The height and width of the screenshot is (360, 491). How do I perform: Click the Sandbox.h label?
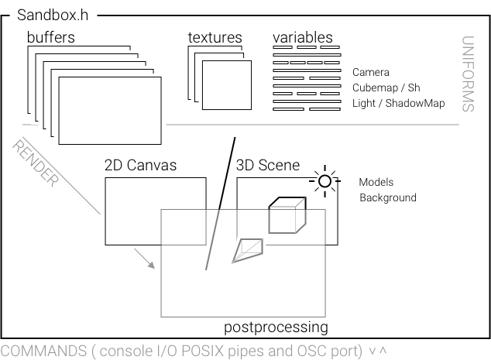[53, 16]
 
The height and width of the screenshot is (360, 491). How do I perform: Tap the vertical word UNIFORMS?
[468, 74]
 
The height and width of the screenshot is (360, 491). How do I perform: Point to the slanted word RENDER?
[36, 163]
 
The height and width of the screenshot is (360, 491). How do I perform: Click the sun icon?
[324, 183]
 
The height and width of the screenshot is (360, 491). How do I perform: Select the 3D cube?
[286, 215]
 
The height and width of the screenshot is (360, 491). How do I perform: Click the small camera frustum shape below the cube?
[249, 249]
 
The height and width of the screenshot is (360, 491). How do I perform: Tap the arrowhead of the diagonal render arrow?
[151, 265]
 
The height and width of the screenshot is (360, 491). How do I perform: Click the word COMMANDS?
[43, 351]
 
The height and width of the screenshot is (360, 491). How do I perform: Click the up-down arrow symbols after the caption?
[378, 351]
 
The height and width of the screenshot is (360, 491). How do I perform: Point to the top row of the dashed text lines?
[307, 49]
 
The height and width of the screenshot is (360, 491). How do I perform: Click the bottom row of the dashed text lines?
[307, 108]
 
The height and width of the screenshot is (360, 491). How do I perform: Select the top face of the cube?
[287, 203]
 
